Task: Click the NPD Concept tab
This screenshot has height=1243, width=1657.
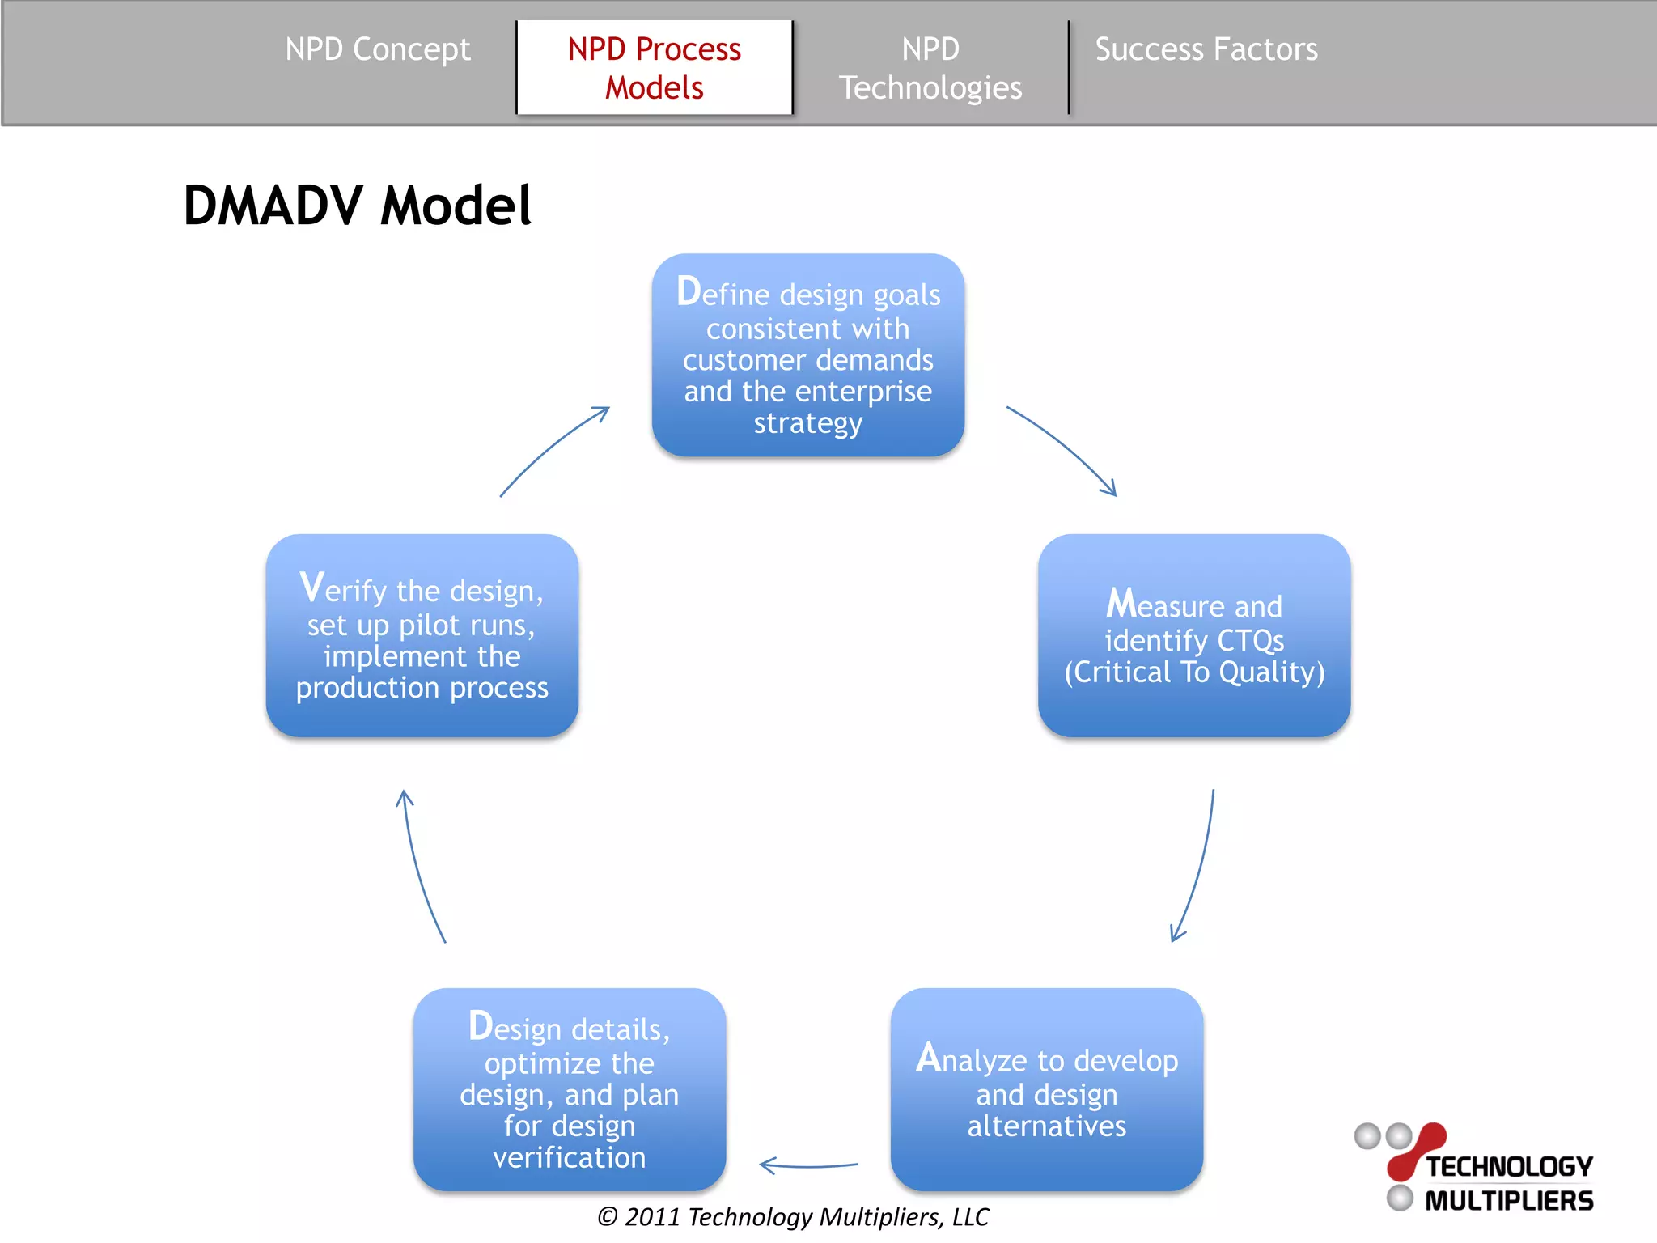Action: (377, 50)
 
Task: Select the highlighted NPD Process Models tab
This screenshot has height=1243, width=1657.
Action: (654, 68)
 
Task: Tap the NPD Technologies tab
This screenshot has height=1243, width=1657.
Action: (930, 68)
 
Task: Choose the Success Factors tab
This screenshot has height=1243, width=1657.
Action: (1206, 50)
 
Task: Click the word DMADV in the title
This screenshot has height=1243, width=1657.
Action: (273, 206)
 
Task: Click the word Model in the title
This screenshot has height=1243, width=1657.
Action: (456, 206)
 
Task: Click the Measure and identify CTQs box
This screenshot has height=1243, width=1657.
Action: (1193, 635)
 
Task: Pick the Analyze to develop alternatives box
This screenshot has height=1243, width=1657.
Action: (1046, 1089)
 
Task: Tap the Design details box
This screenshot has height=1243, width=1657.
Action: (569, 1089)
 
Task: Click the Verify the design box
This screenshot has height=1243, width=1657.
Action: (422, 635)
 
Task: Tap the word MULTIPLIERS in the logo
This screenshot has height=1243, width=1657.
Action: (1509, 1201)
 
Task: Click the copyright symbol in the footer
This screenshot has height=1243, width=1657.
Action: (608, 1217)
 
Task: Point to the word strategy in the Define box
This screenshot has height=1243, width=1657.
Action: (807, 423)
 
